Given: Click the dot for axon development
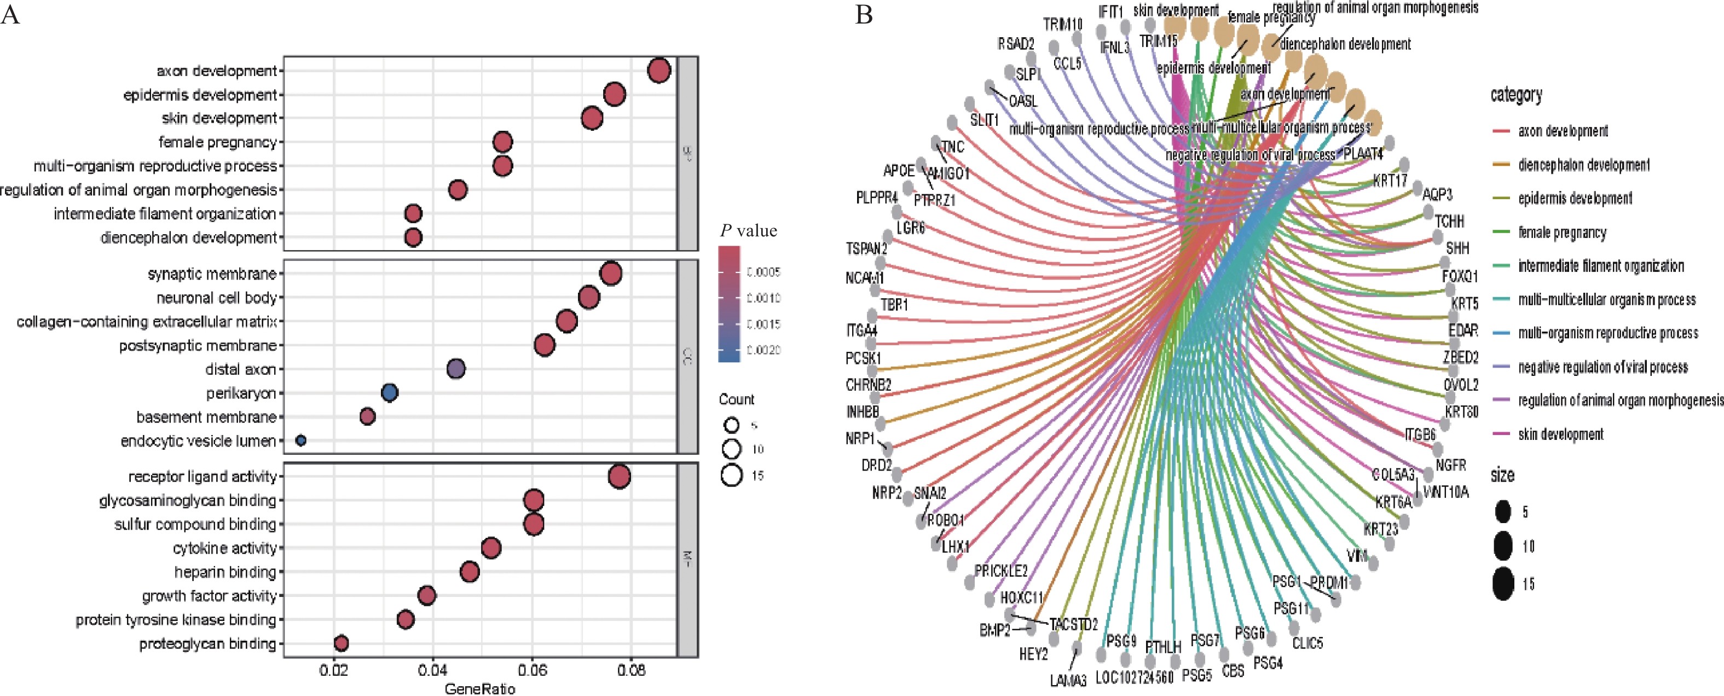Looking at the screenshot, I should [659, 70].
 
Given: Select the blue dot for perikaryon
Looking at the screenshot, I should [390, 393].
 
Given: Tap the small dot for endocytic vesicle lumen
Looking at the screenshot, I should [300, 440].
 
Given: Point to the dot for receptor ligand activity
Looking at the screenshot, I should [619, 477].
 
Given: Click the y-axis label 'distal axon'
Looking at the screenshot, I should [240, 369].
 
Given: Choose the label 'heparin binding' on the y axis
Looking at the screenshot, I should [225, 572].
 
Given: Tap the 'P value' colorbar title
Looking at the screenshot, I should [748, 231].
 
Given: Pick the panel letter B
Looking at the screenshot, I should [864, 15].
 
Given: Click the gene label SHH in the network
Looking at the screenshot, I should [1457, 248].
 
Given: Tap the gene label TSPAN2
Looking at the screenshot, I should [867, 249].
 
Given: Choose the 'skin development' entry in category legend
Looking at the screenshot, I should [1561, 434].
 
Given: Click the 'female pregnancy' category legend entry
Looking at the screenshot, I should [1562, 232].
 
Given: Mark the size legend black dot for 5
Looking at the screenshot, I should [1503, 512].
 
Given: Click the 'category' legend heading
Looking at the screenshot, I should [1516, 95].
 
